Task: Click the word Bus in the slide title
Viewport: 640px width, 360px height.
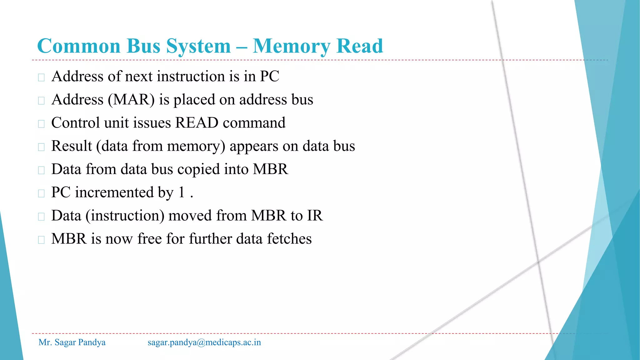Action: tap(143, 46)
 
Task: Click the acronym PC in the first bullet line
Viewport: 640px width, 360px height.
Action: tap(269, 76)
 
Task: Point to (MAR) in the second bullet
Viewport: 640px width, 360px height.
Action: tap(131, 100)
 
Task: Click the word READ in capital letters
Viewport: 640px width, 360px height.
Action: tap(197, 122)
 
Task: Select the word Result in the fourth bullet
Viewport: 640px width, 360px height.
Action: tap(72, 146)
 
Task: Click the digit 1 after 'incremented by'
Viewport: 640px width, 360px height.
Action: tap(182, 192)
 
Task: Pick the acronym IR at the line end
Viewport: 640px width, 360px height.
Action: tap(315, 216)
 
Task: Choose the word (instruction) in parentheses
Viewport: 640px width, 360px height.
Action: tap(125, 216)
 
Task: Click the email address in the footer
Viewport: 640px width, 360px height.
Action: tap(204, 342)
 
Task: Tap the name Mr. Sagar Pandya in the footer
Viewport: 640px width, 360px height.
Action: tap(72, 342)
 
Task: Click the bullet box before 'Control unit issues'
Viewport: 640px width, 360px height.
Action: tap(41, 124)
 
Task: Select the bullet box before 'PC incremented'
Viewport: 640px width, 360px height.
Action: tap(41, 193)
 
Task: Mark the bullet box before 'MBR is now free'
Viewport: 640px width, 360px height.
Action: tap(41, 240)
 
